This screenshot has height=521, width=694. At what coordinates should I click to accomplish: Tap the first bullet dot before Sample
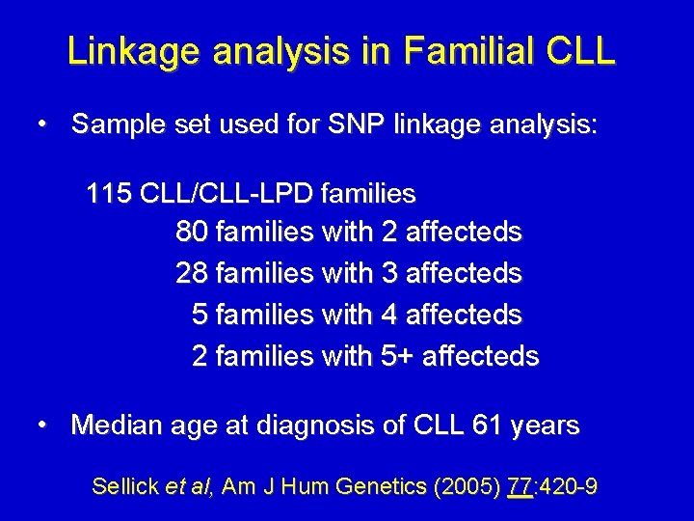(x=43, y=124)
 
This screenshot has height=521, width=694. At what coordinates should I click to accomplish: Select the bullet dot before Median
(x=43, y=425)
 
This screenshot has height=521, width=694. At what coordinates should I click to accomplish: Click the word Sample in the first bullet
(x=116, y=124)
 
